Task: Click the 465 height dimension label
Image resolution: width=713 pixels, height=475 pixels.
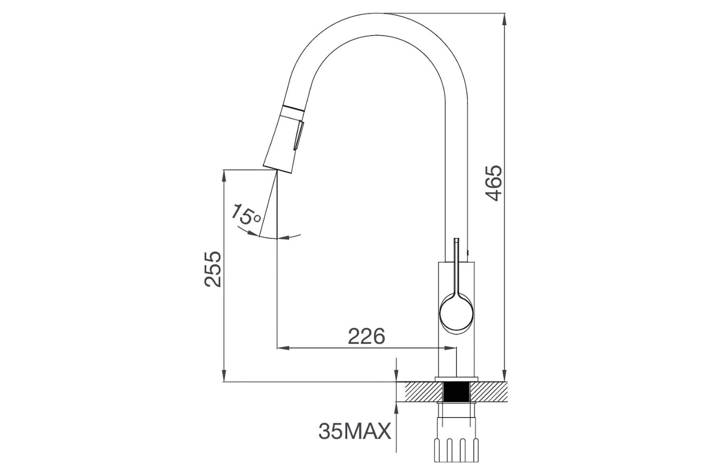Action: click(495, 183)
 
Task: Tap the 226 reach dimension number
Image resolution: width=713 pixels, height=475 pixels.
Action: click(366, 336)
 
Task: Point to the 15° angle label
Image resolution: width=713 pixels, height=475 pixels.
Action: click(246, 215)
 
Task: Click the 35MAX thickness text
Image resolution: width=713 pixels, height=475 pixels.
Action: click(355, 432)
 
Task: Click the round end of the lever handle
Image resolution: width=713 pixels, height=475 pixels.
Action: click(456, 312)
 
